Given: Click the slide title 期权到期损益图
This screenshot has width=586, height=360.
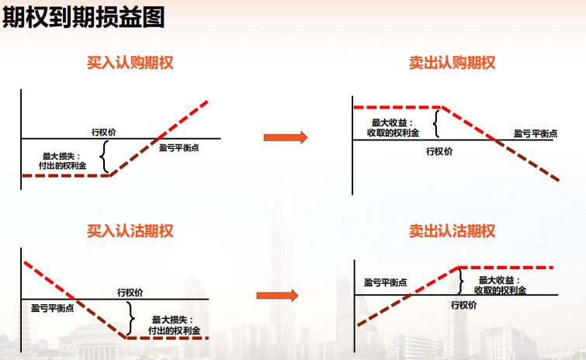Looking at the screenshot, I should point(84,18).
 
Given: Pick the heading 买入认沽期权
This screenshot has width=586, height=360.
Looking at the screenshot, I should point(130,230).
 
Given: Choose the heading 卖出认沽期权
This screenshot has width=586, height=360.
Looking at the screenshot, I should point(452,230).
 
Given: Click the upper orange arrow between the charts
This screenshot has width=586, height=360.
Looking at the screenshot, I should point(285,137).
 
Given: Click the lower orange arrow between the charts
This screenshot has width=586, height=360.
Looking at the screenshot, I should point(277,295).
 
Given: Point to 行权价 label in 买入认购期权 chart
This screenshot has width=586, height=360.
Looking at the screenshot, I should point(104,132).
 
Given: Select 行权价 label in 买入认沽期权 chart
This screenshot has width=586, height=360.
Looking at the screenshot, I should point(130,292).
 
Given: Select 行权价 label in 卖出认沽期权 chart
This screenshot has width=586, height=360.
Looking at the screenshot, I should point(464,305).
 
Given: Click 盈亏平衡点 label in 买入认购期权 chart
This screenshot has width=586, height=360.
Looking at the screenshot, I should point(179,147).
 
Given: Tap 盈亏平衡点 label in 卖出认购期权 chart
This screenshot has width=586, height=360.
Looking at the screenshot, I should point(536,133).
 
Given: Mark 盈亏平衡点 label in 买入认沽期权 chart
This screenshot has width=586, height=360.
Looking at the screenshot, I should point(53,308).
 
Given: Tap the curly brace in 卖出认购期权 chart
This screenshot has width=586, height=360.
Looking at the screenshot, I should point(436,123).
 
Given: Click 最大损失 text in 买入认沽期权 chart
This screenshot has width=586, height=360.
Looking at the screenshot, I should point(172,320).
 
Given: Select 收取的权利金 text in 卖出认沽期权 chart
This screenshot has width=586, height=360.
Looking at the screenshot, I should point(501,290).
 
